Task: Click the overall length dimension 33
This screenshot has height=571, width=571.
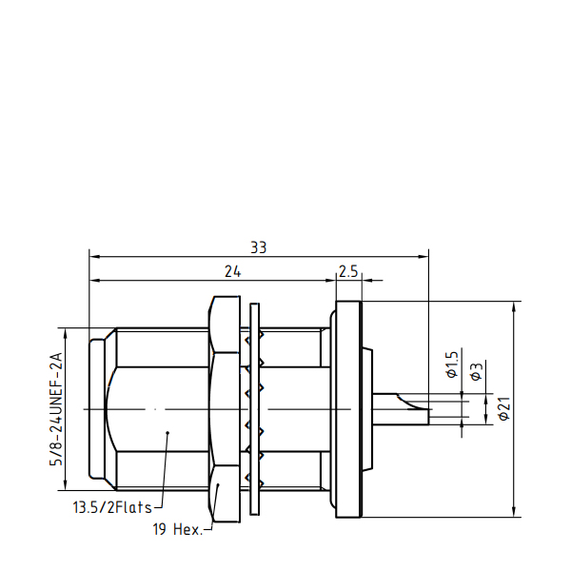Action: tap(259, 247)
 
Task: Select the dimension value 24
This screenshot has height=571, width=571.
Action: tap(233, 271)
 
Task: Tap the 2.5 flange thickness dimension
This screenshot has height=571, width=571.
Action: tap(348, 271)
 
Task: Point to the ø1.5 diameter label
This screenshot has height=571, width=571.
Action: tap(452, 364)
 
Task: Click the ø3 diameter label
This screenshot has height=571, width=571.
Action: tap(477, 371)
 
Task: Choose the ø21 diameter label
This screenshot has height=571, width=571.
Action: tap(504, 408)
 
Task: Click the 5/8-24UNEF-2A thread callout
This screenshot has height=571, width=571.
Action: tap(56, 409)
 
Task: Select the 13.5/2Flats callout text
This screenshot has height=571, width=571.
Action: tap(112, 507)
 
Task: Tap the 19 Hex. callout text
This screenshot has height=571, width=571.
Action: tap(177, 529)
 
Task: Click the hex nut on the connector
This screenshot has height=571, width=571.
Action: tap(225, 409)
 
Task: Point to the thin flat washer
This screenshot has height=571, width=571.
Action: tap(255, 409)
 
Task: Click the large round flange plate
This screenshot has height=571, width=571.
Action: tap(349, 409)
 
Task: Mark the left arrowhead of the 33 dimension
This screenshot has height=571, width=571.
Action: tap(94, 257)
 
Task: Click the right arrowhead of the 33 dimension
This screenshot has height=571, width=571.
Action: tap(423, 257)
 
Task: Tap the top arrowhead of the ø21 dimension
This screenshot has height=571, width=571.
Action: tap(514, 306)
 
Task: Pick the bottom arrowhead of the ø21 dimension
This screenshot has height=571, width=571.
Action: tap(514, 512)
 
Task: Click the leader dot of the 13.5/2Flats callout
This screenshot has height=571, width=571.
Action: tap(167, 433)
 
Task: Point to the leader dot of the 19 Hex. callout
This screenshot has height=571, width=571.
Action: tap(218, 484)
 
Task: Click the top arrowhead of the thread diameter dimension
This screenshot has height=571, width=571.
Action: tap(66, 333)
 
